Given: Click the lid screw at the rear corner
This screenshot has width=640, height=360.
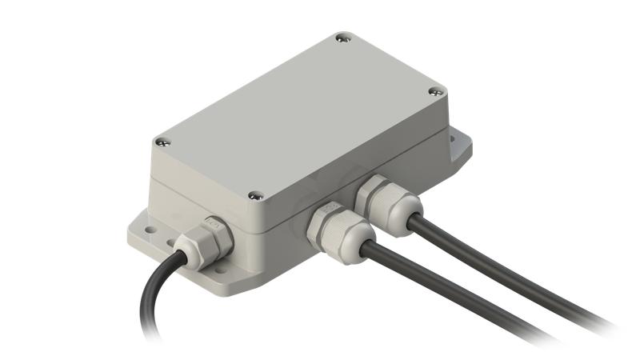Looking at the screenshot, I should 342,38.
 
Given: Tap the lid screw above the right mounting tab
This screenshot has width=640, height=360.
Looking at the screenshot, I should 436,92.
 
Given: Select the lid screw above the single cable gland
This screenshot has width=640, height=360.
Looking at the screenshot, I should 162,142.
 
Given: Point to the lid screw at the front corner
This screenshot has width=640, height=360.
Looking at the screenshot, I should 256,194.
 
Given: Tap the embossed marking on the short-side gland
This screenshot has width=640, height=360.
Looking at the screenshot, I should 211,225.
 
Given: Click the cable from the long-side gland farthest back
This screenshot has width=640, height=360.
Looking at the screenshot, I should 512,264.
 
